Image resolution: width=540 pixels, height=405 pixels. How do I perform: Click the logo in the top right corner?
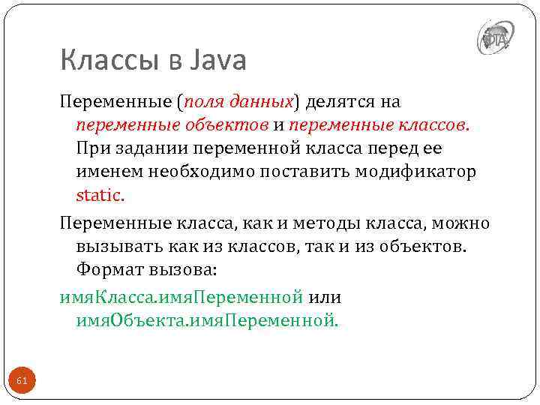coord(495,37)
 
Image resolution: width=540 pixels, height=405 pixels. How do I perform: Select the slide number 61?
coord(22,382)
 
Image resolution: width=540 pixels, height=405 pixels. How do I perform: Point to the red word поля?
coord(205,101)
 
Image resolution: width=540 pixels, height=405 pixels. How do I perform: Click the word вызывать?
coord(111,247)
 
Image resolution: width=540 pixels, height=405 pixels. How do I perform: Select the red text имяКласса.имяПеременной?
coord(181,297)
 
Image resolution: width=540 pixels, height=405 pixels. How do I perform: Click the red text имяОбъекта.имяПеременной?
coord(207,321)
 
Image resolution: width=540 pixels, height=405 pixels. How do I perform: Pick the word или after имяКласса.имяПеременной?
coord(325,297)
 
